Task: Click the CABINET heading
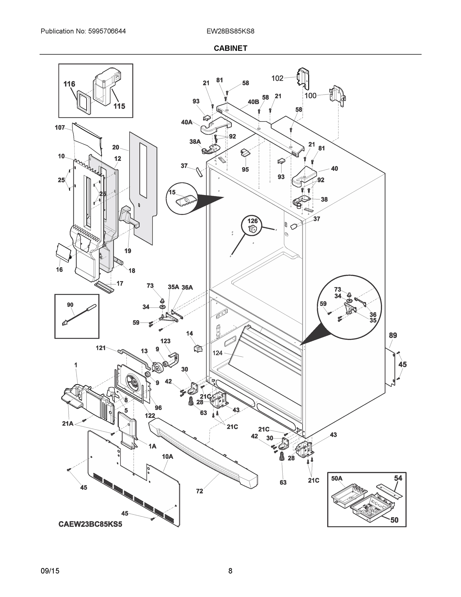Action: (x=230, y=49)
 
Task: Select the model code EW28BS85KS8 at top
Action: (x=230, y=31)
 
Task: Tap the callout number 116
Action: (x=69, y=84)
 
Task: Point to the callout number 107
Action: (x=60, y=127)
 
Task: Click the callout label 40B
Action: (x=253, y=102)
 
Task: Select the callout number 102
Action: (x=277, y=78)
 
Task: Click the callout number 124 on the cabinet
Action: (x=217, y=353)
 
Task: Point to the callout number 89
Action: (x=393, y=335)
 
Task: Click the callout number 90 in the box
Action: (x=70, y=305)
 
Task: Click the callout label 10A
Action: (x=168, y=456)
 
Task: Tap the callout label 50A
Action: (x=336, y=478)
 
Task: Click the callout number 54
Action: (x=398, y=478)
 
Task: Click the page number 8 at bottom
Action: (x=230, y=571)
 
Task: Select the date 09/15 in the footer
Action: (x=50, y=571)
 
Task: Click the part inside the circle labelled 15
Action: (x=186, y=202)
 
